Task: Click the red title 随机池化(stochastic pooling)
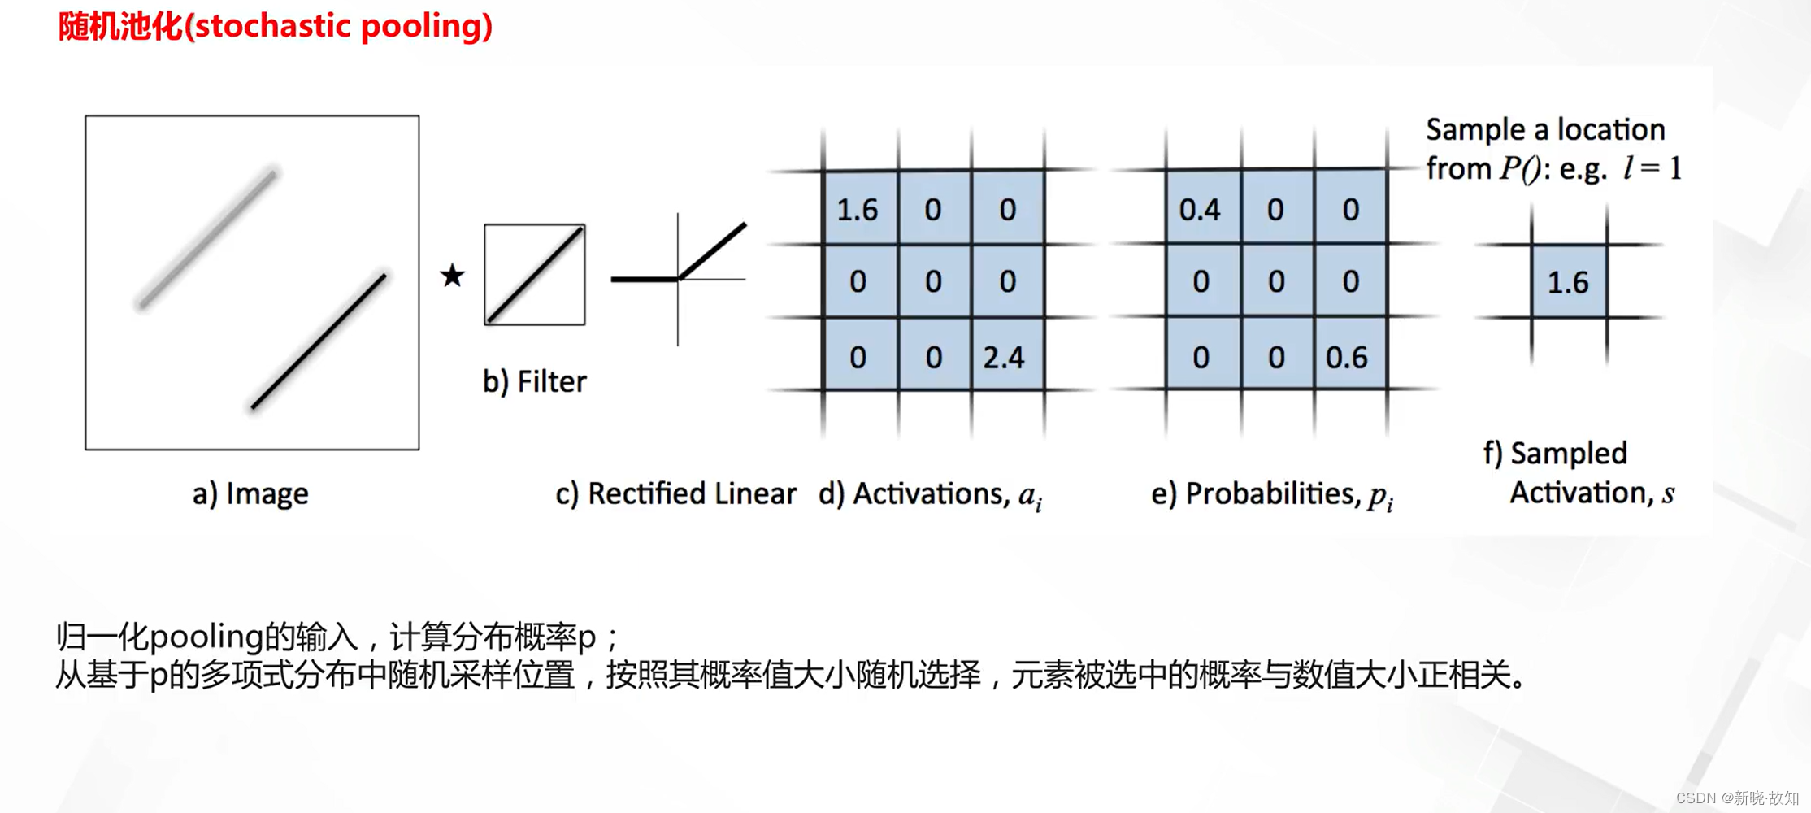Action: click(275, 27)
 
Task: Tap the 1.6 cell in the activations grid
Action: click(858, 210)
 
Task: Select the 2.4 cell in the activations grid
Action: click(1005, 357)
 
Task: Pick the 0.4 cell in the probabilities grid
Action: click(1200, 210)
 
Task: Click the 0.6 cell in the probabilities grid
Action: click(1347, 357)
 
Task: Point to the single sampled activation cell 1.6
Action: click(1568, 282)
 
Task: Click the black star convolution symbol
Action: click(452, 276)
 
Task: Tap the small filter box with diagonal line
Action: click(534, 275)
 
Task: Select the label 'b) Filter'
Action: click(534, 381)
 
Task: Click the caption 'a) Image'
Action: click(250, 493)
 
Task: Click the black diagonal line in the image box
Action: click(319, 341)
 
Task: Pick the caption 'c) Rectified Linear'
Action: click(675, 493)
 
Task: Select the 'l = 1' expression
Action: click(1652, 168)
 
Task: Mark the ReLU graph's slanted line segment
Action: click(712, 250)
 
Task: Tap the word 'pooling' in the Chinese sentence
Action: click(206, 637)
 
